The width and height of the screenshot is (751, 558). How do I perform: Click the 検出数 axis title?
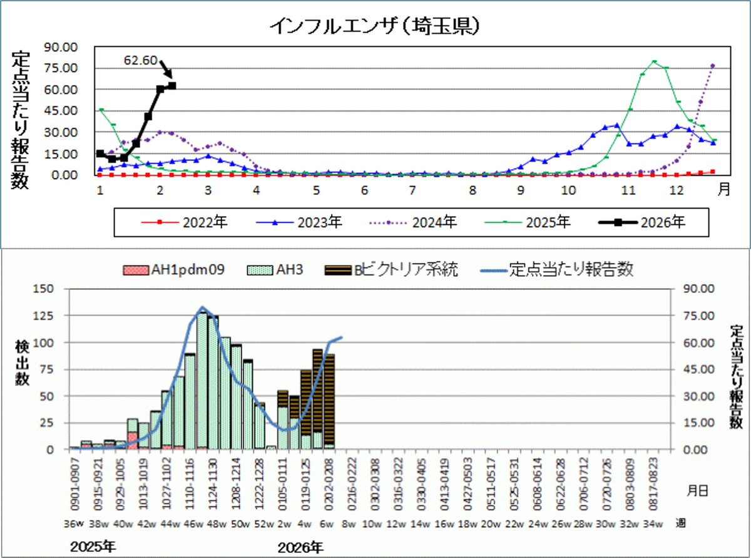coord(23,363)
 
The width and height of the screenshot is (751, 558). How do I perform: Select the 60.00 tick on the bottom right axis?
coord(697,343)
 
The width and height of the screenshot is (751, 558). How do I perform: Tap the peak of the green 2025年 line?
coord(654,61)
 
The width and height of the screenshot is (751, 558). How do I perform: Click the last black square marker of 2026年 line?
coord(172,86)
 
